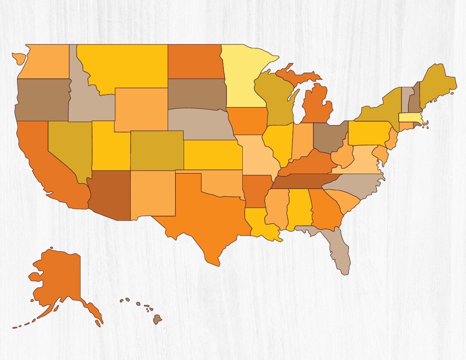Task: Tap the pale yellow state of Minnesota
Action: [242, 78]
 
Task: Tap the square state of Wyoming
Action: [141, 110]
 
